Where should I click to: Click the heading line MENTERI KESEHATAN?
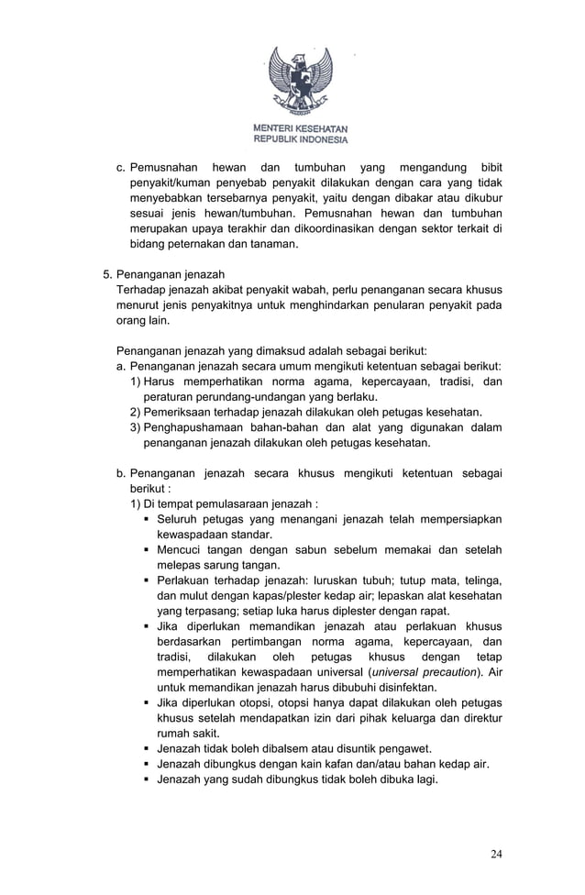click(x=300, y=129)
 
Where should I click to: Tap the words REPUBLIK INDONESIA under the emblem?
click(x=300, y=140)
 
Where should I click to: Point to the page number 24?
click(x=496, y=854)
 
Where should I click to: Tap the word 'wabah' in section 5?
click(x=305, y=290)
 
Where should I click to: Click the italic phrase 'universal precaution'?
click(x=423, y=672)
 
